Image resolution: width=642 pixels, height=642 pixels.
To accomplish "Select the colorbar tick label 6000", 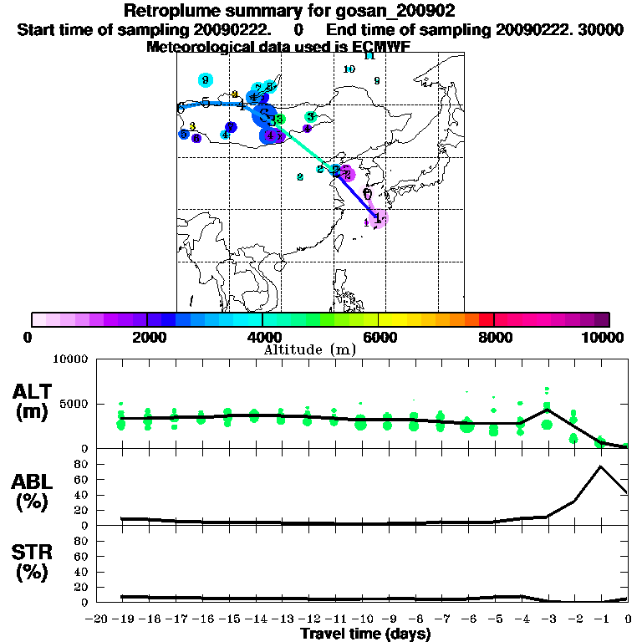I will [378, 337].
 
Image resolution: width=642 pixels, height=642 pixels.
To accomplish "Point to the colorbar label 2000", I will [147, 337].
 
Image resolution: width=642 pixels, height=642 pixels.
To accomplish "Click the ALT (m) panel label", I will [33, 400].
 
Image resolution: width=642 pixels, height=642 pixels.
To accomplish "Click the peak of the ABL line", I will [600, 466].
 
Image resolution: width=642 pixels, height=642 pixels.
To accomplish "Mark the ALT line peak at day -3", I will [547, 409].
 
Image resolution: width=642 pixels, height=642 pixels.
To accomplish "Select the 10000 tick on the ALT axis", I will [71, 359].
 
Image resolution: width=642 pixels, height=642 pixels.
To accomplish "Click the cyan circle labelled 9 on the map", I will [205, 80].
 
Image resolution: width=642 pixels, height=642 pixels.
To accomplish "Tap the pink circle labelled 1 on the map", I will [379, 217].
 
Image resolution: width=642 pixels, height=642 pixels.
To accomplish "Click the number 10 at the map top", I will [349, 69].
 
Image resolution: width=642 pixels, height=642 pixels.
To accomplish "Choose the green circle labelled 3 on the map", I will [310, 117].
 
